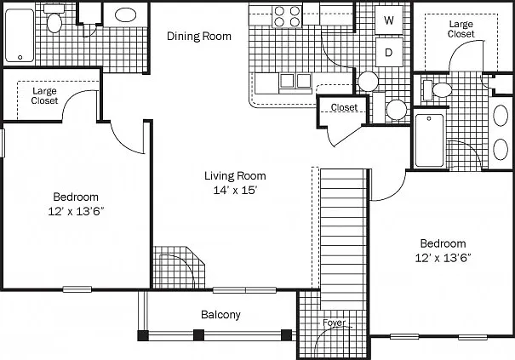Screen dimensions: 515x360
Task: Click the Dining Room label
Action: pos(199,36)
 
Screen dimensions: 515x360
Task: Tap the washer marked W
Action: pos(389,20)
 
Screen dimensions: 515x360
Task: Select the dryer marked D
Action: pos(389,52)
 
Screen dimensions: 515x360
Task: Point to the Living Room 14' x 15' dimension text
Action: pos(235,190)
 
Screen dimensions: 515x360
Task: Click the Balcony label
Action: pos(220,315)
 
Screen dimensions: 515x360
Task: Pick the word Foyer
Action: pos(334,323)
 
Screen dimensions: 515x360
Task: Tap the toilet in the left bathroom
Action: pos(54,19)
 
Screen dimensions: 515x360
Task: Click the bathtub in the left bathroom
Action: pos(20,36)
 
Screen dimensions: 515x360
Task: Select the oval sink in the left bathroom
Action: pos(125,14)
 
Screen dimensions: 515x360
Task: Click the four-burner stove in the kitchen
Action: pos(287,16)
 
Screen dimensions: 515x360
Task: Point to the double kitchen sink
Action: pos(295,81)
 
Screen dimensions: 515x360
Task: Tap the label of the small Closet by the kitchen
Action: pos(344,107)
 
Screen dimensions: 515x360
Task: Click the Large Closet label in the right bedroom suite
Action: pos(461,29)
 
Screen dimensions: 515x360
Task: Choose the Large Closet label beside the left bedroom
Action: pos(44,95)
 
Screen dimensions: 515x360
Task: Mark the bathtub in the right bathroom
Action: pos(429,140)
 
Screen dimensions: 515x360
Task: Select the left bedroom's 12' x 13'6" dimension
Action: pos(76,211)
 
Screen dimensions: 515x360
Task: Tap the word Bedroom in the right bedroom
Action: pos(443,243)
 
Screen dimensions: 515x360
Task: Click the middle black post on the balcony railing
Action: pos(198,335)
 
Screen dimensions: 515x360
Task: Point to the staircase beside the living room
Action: pos(343,239)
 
